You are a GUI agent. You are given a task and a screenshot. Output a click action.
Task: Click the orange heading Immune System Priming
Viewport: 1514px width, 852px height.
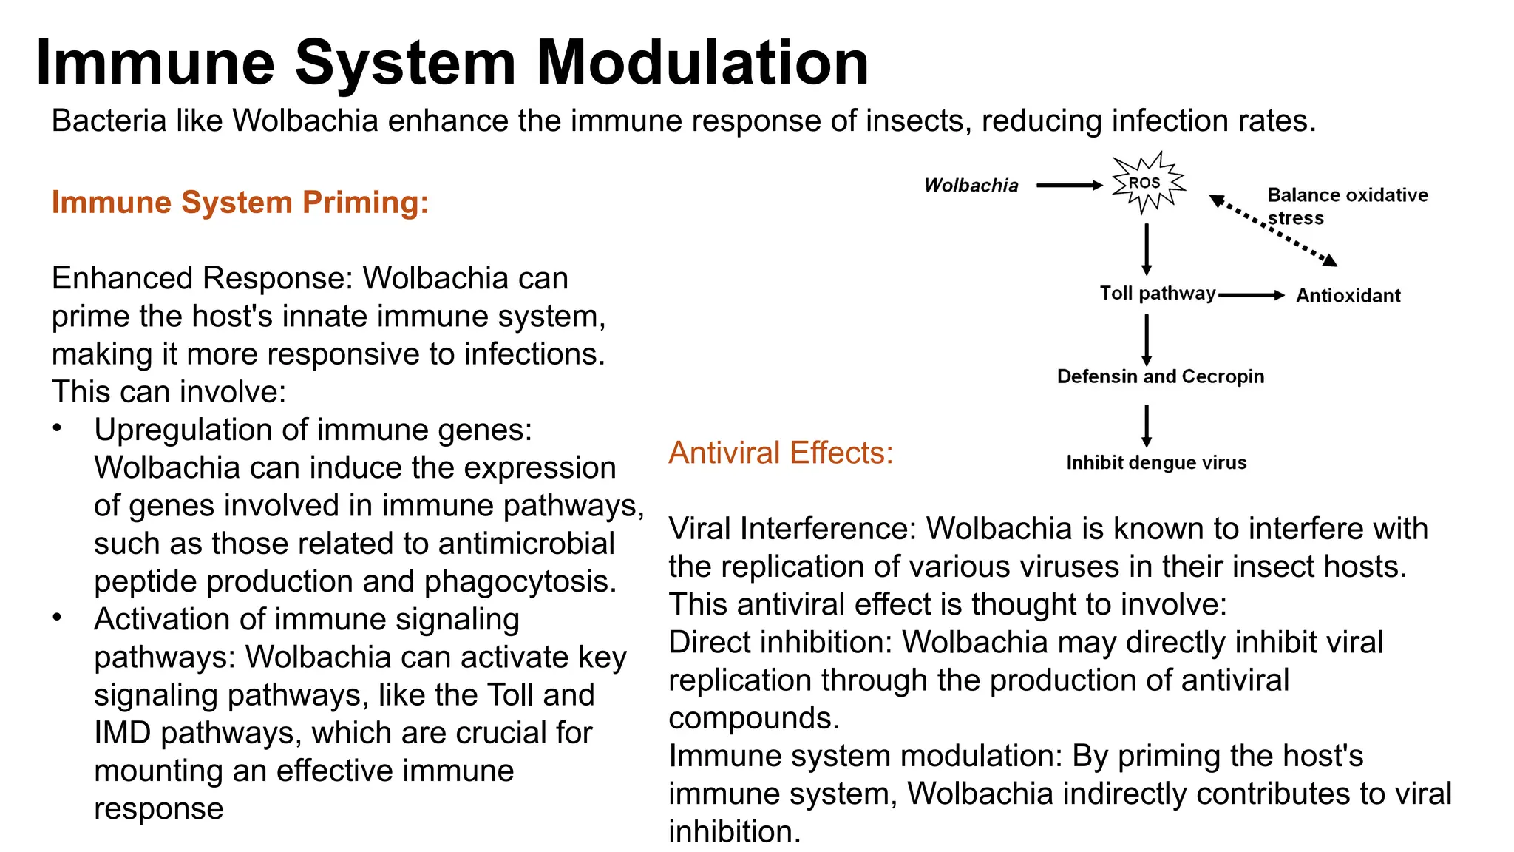240,203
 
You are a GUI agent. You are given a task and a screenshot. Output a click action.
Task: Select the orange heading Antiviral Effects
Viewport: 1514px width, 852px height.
781,453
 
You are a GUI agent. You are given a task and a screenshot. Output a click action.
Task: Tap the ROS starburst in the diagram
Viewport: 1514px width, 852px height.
1147,183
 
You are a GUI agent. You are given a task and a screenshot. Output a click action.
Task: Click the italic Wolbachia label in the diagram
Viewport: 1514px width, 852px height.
971,186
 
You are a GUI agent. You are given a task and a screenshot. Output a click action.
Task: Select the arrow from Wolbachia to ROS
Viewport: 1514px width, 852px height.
1069,186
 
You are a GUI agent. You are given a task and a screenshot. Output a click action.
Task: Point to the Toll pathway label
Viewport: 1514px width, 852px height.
1157,294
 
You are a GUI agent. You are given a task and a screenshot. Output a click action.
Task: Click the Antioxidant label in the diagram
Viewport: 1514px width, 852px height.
1348,296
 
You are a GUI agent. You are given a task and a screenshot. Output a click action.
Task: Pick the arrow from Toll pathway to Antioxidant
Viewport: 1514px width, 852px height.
1251,295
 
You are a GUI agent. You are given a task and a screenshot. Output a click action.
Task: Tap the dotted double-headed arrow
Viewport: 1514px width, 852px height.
1273,230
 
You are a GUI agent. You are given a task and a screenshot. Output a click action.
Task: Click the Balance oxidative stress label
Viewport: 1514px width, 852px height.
1346,206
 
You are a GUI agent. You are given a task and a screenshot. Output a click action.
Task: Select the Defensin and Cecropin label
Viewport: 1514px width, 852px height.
1160,376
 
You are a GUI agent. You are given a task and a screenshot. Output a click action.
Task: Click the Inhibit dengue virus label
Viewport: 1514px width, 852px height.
1155,463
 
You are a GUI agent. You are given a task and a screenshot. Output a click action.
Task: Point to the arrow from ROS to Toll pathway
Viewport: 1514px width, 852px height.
1147,249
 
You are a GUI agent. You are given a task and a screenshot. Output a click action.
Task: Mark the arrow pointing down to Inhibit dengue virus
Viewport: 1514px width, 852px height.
1147,425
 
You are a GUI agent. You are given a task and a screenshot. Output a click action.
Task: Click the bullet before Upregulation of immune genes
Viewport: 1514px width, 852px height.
57,428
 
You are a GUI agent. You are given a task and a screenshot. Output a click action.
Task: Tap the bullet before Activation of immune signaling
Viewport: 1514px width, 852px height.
57,618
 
